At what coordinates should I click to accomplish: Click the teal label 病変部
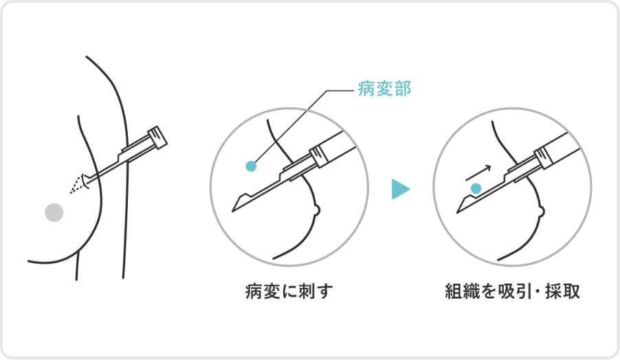[384, 89]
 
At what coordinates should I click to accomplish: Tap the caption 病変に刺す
[289, 291]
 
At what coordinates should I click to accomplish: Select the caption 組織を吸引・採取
[513, 291]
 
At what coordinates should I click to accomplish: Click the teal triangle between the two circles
[400, 189]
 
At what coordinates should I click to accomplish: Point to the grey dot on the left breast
[54, 212]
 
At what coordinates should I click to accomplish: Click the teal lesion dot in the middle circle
[251, 166]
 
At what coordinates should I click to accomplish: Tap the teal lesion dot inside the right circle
[476, 188]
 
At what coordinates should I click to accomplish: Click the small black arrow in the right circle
[478, 172]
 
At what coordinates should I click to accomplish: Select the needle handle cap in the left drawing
[157, 137]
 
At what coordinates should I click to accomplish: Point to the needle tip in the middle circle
[232, 211]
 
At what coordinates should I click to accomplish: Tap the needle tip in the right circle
[458, 212]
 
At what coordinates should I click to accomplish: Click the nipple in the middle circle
[315, 210]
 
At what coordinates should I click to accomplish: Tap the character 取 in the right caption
[571, 291]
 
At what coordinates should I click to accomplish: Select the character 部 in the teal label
[403, 89]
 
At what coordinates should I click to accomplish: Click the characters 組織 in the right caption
[462, 291]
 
